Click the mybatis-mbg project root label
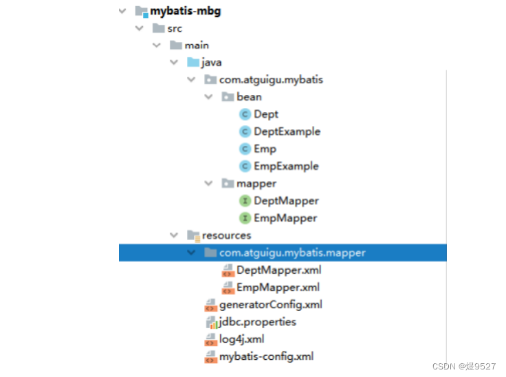186,11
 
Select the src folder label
175,28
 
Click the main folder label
197,45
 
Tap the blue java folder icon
193,63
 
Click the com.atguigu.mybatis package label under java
271,80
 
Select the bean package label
249,97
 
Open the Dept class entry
265,114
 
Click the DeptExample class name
287,131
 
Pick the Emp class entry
265,149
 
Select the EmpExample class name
286,166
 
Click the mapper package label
256,184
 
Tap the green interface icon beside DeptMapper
245,201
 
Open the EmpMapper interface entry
285,218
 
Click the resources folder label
226,235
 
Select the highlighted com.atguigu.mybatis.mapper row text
292,252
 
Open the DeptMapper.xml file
278,270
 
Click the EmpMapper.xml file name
278,288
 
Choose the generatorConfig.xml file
270,305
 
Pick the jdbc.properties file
257,322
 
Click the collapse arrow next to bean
209,97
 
